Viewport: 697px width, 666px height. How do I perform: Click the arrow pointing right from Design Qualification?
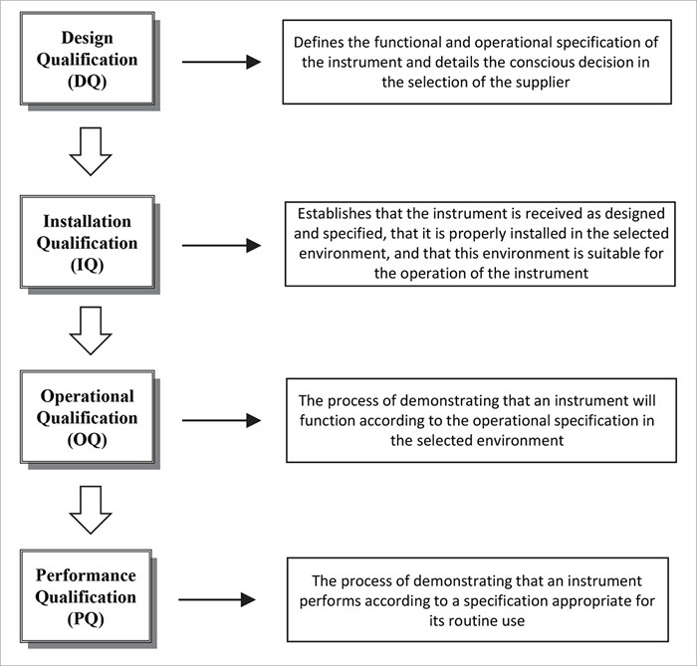pyautogui.click(x=221, y=62)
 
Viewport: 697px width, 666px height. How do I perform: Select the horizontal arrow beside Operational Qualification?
pyautogui.click(x=221, y=421)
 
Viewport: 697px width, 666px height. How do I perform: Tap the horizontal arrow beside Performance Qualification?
pyautogui.click(x=217, y=600)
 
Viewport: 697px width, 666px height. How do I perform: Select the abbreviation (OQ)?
pyautogui.click(x=88, y=441)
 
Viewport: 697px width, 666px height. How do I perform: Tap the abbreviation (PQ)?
pyautogui.click(x=88, y=620)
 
